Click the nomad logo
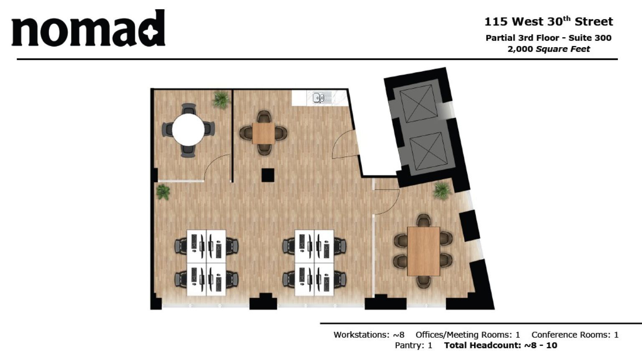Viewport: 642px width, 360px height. (88, 28)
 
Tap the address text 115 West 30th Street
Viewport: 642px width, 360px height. (548, 21)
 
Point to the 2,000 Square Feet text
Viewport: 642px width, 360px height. (548, 49)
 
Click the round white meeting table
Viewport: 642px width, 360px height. (188, 130)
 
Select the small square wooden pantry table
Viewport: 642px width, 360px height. (263, 133)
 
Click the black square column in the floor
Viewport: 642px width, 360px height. (268, 175)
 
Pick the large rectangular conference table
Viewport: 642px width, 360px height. (423, 251)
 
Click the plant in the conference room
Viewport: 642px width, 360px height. (442, 190)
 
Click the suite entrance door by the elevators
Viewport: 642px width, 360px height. (345, 144)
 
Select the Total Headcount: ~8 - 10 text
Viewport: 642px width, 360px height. (500, 345)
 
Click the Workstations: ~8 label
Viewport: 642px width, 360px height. (368, 335)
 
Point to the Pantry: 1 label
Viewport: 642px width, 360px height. (413, 345)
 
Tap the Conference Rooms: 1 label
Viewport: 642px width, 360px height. (574, 335)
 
